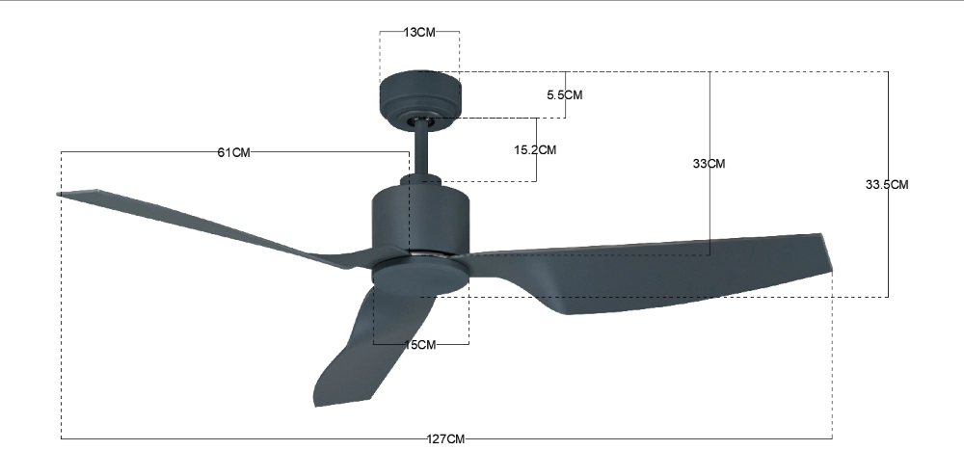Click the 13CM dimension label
point(419,32)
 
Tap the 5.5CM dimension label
point(564,94)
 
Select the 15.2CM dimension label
point(535,149)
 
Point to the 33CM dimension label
point(709,164)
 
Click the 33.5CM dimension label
point(887,184)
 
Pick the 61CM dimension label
point(234,152)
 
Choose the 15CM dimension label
point(420,345)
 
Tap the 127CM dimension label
point(446,439)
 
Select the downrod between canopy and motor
point(421,149)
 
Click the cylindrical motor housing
point(421,217)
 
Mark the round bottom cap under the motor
point(420,274)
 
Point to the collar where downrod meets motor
point(422,180)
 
